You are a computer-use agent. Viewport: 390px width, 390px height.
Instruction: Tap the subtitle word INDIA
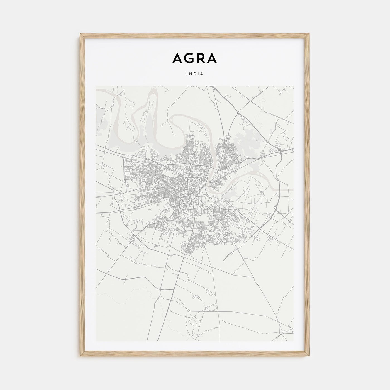coord(195,74)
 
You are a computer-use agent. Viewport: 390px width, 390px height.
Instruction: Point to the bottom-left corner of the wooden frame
coord(81,357)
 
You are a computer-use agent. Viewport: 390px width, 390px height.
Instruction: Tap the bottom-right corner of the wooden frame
coord(309,357)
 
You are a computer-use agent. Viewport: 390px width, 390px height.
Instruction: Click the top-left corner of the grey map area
coord(96,86)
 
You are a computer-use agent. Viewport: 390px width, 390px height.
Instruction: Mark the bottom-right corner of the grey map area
coord(294,341)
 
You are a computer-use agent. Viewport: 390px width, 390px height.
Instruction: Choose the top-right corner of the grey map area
coord(294,86)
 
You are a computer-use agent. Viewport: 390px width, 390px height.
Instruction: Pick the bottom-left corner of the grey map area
coord(96,341)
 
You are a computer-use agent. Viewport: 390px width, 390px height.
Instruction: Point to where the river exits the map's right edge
coord(293,189)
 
